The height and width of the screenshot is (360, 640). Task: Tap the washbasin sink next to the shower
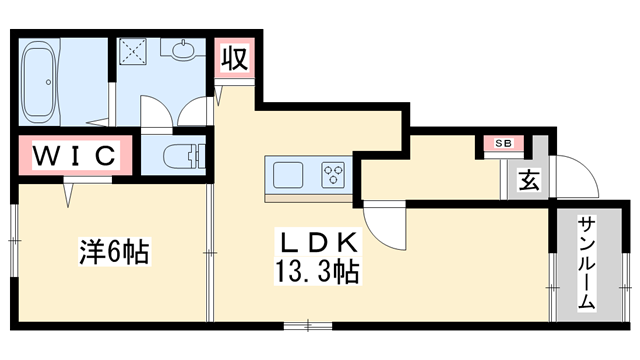click(x=186, y=49)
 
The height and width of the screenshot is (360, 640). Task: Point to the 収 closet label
click(x=233, y=57)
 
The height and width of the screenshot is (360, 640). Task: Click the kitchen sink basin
click(x=289, y=175)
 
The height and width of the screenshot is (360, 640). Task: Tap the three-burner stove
click(x=332, y=175)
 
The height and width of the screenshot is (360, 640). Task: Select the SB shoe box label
click(x=502, y=144)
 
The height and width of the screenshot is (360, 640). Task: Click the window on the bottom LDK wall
click(x=308, y=324)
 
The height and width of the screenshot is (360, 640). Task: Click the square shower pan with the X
click(x=133, y=51)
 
